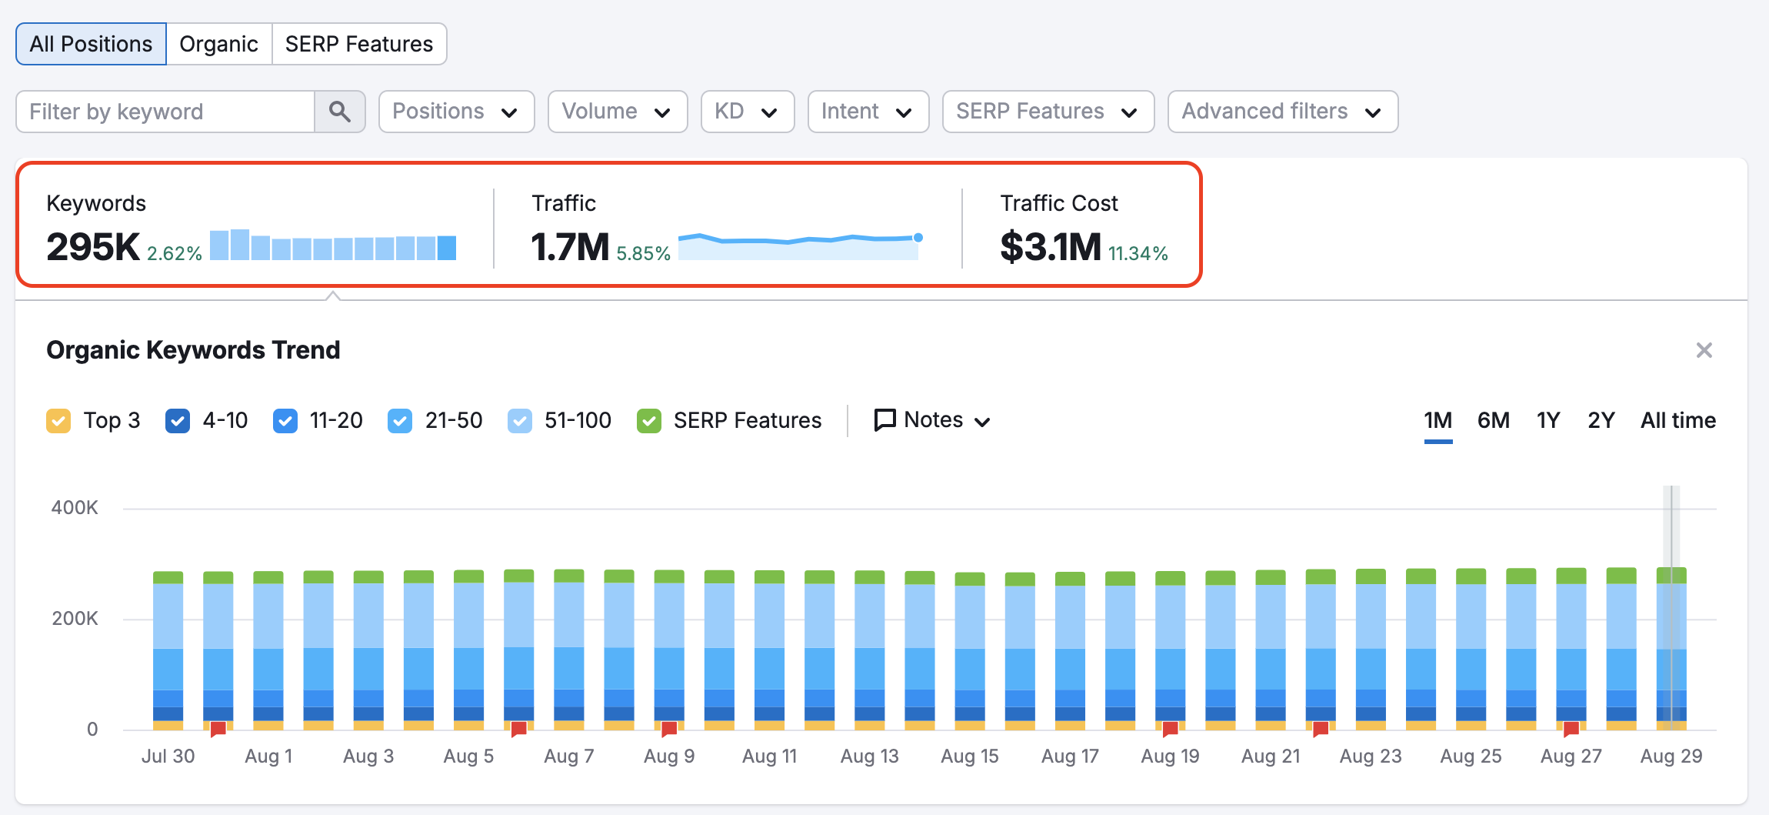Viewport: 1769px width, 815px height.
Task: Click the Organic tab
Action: coord(218,44)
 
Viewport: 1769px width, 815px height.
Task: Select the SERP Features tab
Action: coord(358,44)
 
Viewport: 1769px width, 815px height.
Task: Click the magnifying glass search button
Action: coord(339,112)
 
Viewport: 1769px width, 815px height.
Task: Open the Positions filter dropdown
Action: coord(455,112)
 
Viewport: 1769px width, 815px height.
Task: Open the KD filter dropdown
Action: coord(746,112)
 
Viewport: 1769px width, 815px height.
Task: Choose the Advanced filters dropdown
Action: coord(1281,112)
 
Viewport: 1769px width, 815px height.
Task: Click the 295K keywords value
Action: coord(93,247)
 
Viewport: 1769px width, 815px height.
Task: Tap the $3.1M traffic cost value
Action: coord(1050,247)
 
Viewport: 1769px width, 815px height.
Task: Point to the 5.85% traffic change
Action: coord(643,253)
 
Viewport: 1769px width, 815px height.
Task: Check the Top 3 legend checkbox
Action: coord(58,421)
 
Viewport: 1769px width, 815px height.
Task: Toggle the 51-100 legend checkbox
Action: coord(520,421)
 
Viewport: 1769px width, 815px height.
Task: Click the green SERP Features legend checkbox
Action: coord(649,421)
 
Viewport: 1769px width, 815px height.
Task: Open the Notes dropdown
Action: coord(932,420)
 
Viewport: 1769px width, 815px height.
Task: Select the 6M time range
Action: coord(1493,420)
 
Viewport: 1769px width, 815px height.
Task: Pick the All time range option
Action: coord(1677,420)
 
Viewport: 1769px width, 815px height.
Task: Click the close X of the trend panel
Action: coord(1704,350)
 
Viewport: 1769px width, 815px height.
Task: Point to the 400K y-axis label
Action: coord(75,508)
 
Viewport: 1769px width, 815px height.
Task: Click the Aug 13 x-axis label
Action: coord(869,756)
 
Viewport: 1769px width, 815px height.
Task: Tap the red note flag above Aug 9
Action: coord(669,728)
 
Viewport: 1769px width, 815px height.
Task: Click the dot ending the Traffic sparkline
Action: coord(918,238)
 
